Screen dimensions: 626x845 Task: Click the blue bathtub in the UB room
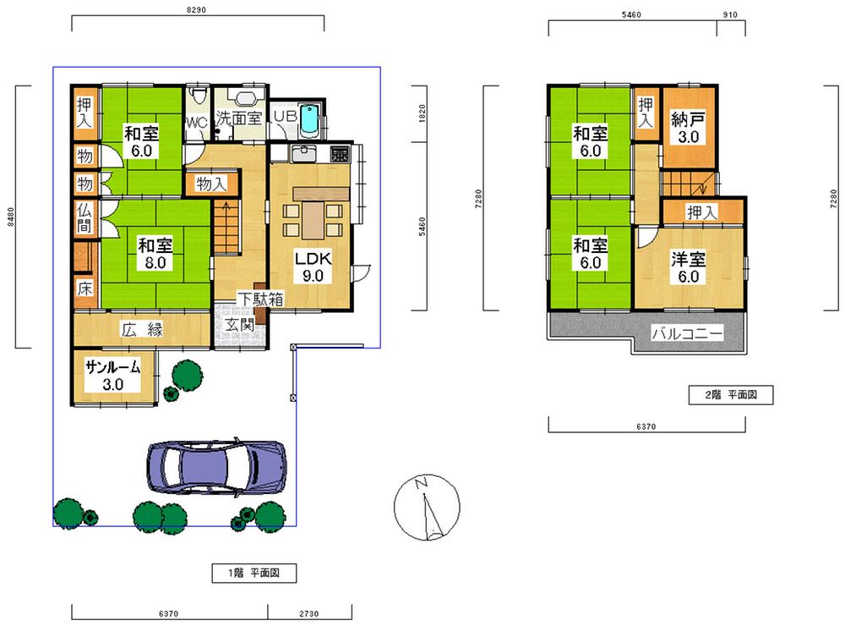[309, 119]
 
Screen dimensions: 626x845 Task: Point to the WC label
[196, 123]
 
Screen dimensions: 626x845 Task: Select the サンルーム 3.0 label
[113, 376]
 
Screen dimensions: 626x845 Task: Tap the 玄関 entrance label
[237, 325]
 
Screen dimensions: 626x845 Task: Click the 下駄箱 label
[259, 299]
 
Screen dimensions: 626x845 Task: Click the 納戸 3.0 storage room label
[688, 127]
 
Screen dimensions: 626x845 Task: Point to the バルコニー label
[687, 335]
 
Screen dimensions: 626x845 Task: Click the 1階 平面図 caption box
[253, 574]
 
